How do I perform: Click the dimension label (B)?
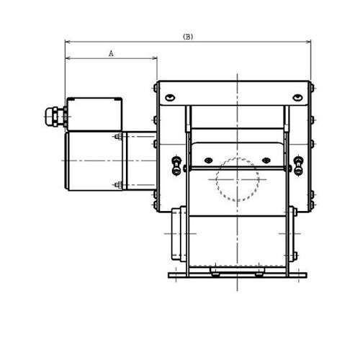[x=188, y=36]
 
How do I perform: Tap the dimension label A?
[x=111, y=53]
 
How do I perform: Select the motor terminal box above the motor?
[x=94, y=114]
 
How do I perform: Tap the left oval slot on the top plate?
[x=170, y=97]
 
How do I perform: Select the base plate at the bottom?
[x=237, y=275]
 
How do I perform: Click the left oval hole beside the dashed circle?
[x=209, y=160]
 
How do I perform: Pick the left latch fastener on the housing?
[x=176, y=165]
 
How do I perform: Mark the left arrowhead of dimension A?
[x=67, y=58]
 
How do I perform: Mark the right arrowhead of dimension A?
[x=155, y=58]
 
